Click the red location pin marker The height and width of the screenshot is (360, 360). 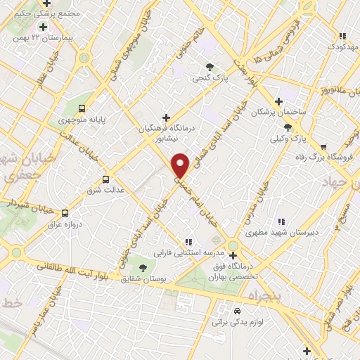tap(181, 165)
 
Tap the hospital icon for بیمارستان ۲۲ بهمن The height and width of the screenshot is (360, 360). tap(44, 27)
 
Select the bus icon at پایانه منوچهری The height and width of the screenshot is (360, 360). tap(83, 108)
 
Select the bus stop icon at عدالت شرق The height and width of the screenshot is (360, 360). tap(106, 179)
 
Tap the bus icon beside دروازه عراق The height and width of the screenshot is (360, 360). tap(65, 213)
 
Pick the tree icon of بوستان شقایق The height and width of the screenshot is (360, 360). tap(143, 268)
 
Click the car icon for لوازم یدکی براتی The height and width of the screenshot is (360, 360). tap(237, 310)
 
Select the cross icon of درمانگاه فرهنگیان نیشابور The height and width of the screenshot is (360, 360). tap(166, 117)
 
